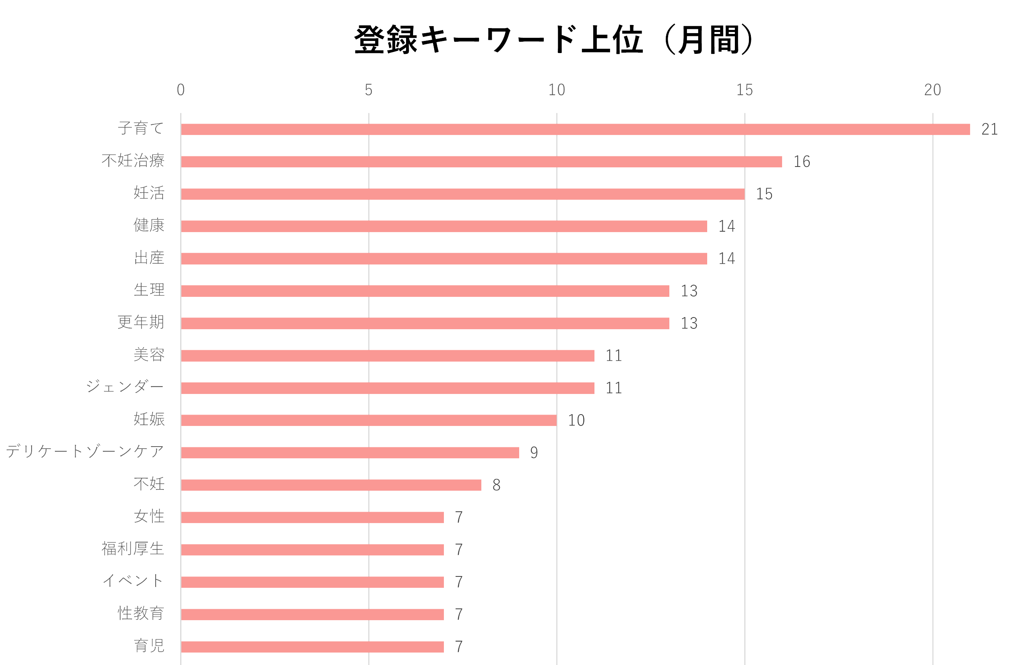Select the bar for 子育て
coord(575,129)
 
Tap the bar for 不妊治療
coord(481,161)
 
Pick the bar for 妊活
coord(463,194)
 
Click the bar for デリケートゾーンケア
coord(350,452)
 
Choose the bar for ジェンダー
coord(387,388)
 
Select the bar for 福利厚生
coord(312,550)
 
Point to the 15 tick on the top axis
coord(745,90)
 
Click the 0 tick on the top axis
coord(181,90)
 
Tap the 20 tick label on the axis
coord(932,90)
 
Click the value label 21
coord(990,129)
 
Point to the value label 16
coord(802,161)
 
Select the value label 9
coord(534,453)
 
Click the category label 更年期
coord(141,322)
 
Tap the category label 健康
coord(149,225)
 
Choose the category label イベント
coord(133,581)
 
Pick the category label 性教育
coord(141,613)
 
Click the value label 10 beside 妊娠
coord(576,420)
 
